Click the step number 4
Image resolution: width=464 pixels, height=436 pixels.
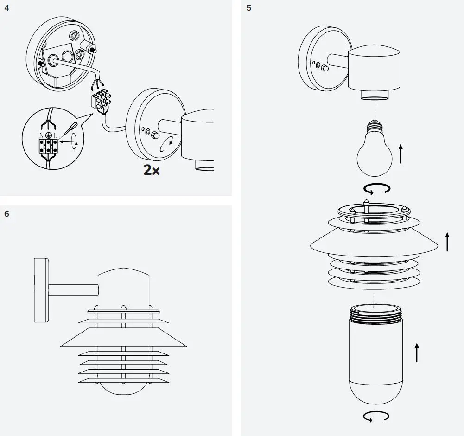pyautogui.click(x=6, y=8)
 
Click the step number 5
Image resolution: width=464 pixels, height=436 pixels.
pyautogui.click(x=249, y=8)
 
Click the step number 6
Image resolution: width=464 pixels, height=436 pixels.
pyautogui.click(x=6, y=214)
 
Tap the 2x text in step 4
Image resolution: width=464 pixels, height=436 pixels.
pyautogui.click(x=152, y=170)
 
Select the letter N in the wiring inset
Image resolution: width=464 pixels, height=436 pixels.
pyautogui.click(x=41, y=135)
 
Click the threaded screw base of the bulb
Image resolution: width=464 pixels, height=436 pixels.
pyautogui.click(x=374, y=126)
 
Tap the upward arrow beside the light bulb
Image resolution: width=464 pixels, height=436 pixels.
pyautogui.click(x=400, y=154)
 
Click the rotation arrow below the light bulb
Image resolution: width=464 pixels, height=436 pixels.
pyautogui.click(x=376, y=188)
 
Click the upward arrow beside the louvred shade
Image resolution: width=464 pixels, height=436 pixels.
pyautogui.click(x=447, y=242)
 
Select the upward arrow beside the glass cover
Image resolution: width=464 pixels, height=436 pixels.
pyautogui.click(x=417, y=353)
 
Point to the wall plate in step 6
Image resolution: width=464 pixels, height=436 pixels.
pyautogui.click(x=41, y=290)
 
